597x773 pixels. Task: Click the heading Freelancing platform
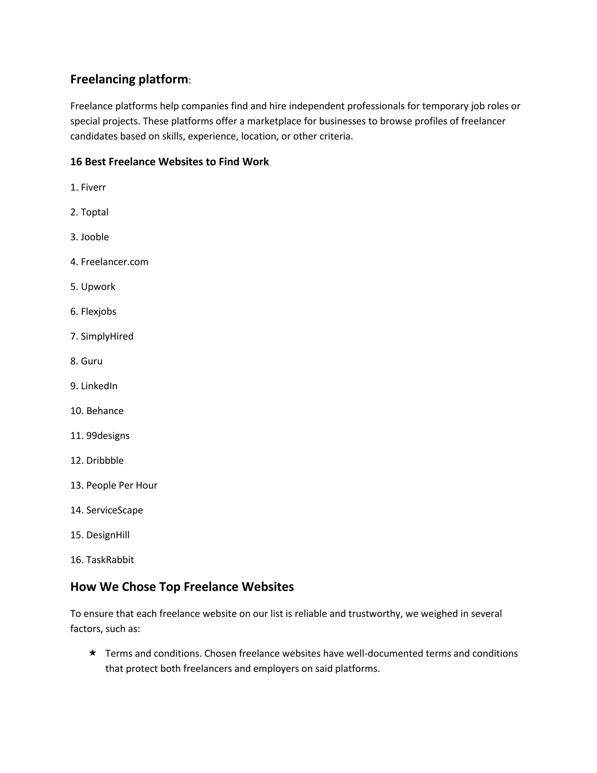tap(129, 79)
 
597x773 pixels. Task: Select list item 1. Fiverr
tap(88, 187)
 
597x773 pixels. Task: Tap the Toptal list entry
tap(89, 212)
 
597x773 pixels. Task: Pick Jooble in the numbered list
tap(89, 237)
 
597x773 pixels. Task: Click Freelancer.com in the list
tap(109, 262)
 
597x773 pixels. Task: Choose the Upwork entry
tap(93, 286)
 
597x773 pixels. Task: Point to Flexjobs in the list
tap(93, 311)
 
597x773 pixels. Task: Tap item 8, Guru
tap(86, 361)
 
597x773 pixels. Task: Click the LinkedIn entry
tap(94, 386)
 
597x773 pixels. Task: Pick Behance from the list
tap(97, 411)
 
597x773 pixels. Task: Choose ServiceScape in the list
tap(106, 510)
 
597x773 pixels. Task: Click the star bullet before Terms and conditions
tap(93, 653)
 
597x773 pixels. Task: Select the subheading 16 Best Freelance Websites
tap(169, 162)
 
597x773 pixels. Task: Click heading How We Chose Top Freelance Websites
tap(182, 587)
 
